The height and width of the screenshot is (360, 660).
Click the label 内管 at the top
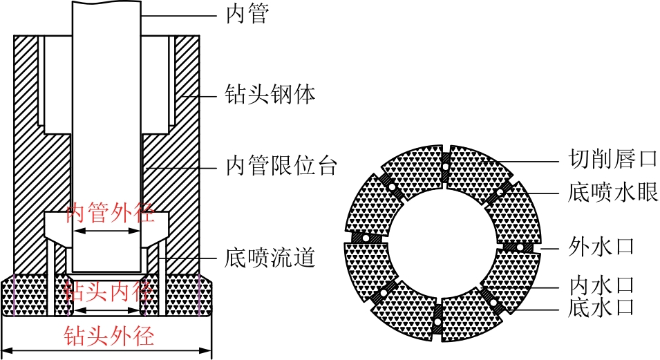pyautogui.click(x=247, y=15)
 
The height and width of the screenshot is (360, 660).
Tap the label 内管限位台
pyautogui.click(x=281, y=166)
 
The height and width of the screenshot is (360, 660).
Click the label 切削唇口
pyautogui.click(x=613, y=160)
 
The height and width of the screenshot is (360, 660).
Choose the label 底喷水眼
pyautogui.click(x=613, y=192)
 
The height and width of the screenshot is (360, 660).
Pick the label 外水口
pyautogui.click(x=601, y=246)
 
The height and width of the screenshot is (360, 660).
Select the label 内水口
pyautogui.click(x=601, y=286)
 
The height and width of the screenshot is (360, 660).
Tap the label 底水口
pyautogui.click(x=601, y=307)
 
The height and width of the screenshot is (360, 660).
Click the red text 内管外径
pyautogui.click(x=111, y=213)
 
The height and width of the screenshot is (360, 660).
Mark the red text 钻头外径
pyautogui.click(x=109, y=336)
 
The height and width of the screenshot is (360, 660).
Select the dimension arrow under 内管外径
pyautogui.click(x=106, y=231)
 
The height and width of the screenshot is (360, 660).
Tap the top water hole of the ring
pyautogui.click(x=445, y=167)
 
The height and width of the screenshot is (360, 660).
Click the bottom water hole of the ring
pyautogui.click(x=437, y=322)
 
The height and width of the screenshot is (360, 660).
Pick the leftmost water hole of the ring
pyautogui.click(x=366, y=238)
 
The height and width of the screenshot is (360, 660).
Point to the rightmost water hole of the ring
pyautogui.click(x=520, y=247)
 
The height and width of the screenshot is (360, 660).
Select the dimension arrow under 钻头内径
pyautogui.click(x=106, y=311)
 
